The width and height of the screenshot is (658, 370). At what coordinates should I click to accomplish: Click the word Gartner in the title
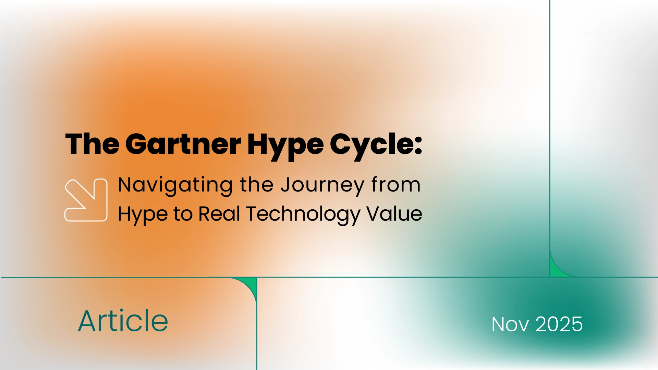(183, 144)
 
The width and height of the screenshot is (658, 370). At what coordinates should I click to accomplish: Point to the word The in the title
(92, 144)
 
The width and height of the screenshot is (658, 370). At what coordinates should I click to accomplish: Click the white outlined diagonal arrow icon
(86, 200)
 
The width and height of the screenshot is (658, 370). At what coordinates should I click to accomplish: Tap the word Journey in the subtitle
(322, 185)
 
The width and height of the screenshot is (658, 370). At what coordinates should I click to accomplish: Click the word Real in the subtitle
(219, 214)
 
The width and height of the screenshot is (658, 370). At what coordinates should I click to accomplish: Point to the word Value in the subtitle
(394, 214)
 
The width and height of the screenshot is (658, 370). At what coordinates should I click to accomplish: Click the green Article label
(123, 321)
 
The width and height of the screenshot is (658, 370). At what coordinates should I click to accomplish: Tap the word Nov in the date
(510, 324)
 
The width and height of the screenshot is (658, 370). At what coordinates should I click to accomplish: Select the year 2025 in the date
(559, 324)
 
